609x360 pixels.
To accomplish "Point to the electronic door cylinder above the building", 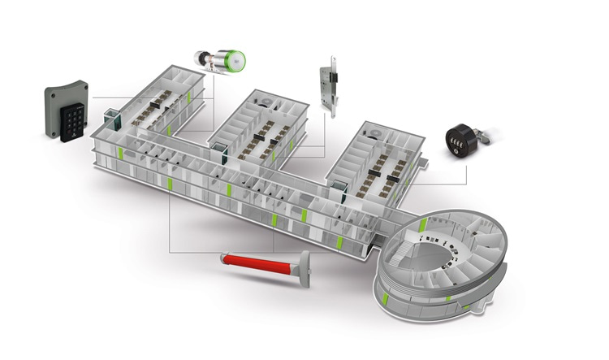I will [x=218, y=61].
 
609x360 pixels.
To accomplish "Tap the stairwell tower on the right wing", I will [x=338, y=190].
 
